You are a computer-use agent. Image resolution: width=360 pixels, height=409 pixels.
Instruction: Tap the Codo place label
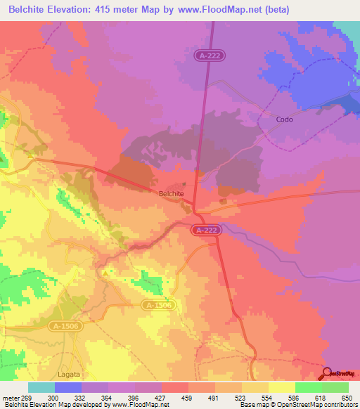285,119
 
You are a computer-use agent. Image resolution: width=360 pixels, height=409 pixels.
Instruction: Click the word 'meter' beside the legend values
10,398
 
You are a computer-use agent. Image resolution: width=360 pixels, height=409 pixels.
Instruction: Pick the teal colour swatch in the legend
41,387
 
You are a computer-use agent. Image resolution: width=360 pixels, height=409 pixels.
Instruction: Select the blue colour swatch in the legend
67,387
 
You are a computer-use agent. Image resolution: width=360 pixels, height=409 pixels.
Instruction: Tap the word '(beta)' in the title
274,10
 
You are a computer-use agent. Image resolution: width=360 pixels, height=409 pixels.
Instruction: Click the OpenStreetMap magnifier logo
329,374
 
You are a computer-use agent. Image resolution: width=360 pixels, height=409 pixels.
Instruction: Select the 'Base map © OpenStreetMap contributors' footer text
298,405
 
